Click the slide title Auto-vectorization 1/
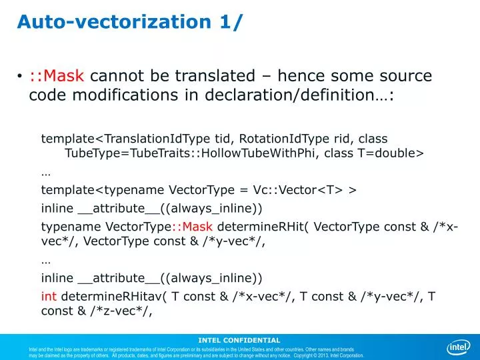[x=131, y=21]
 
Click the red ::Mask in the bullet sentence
[x=57, y=76]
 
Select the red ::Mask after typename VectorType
[x=191, y=226]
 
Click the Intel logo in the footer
[x=458, y=347]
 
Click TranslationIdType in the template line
[x=155, y=139]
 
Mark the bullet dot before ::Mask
[x=20, y=77]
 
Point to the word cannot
[x=118, y=76]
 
